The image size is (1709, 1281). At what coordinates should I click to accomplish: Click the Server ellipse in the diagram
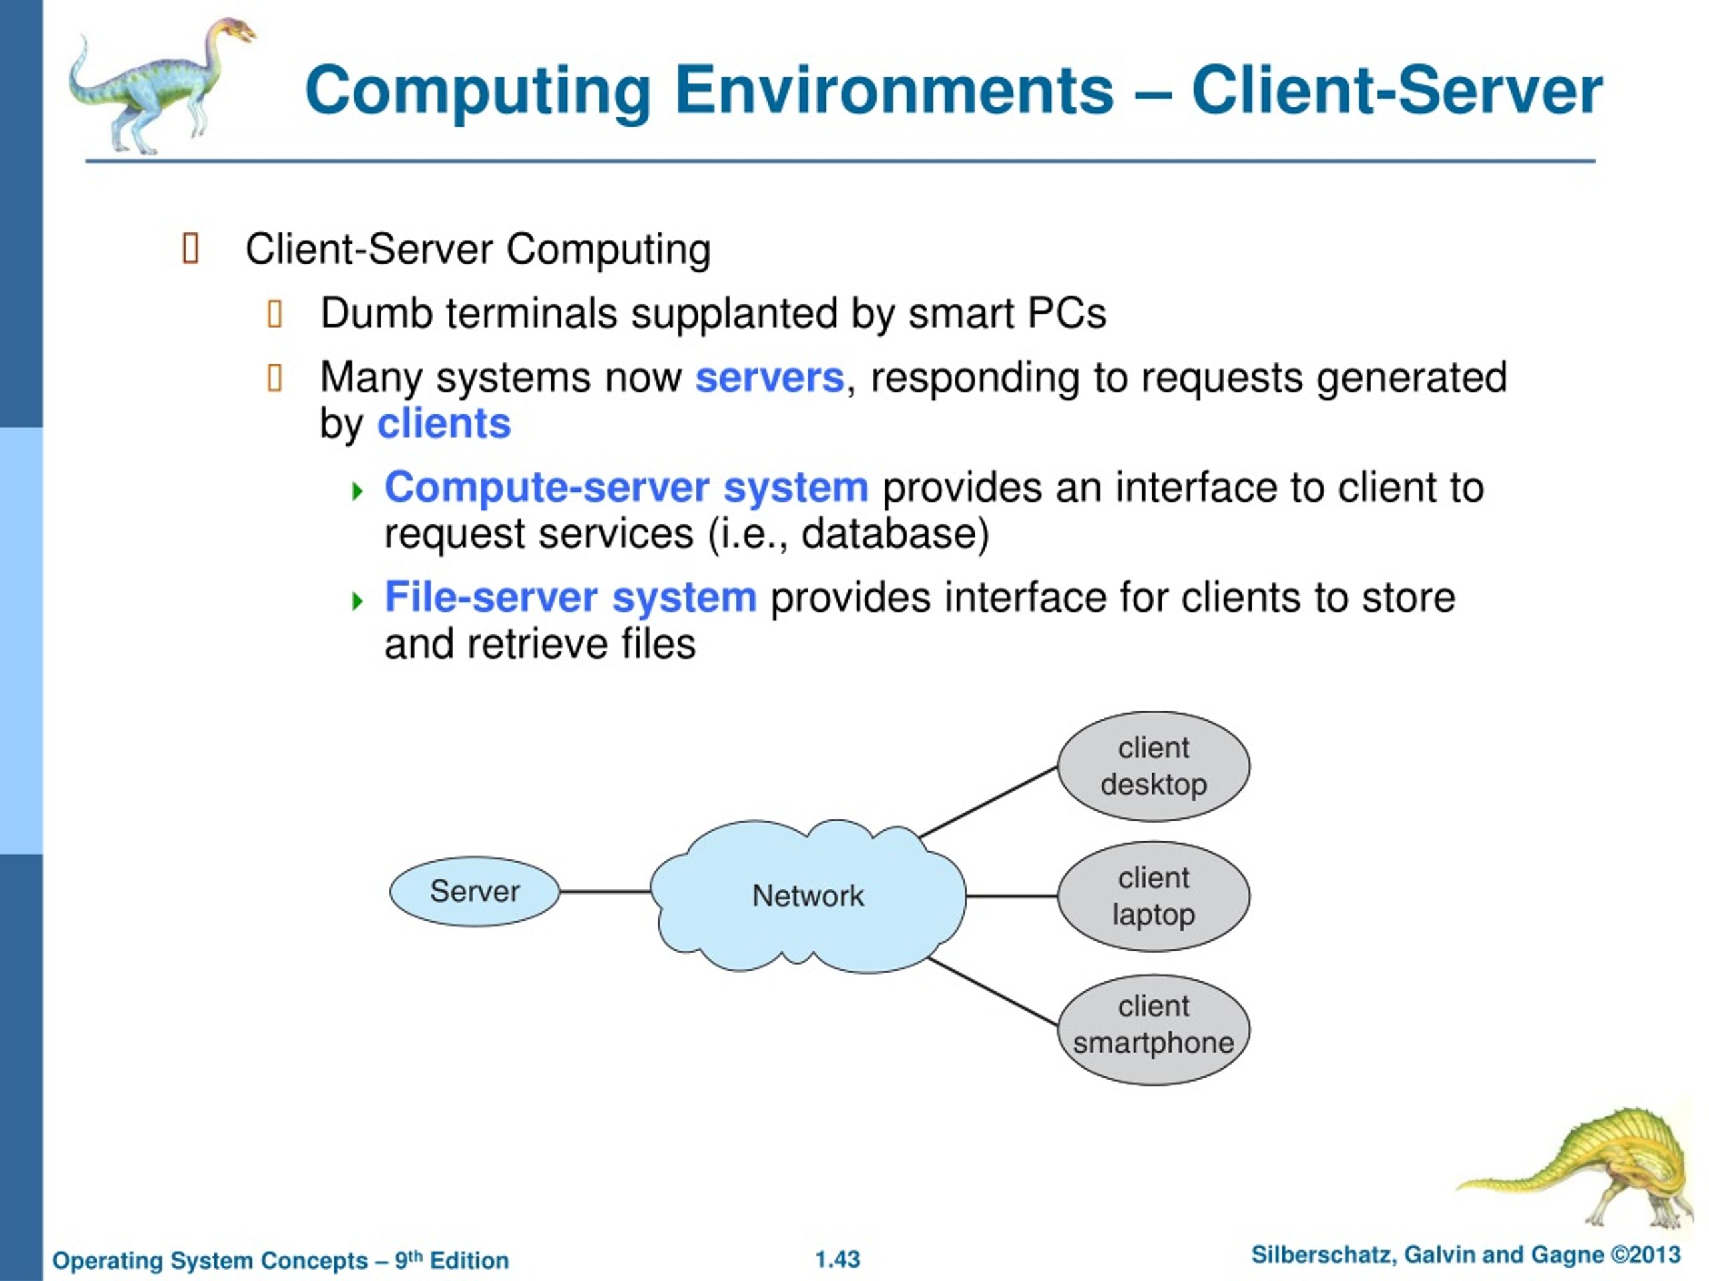pyautogui.click(x=475, y=891)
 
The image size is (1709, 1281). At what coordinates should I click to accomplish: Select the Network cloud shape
pyautogui.click(x=808, y=895)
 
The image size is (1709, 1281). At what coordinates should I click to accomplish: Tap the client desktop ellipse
pyautogui.click(x=1154, y=766)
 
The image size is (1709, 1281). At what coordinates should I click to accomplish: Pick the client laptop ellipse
pyautogui.click(x=1154, y=895)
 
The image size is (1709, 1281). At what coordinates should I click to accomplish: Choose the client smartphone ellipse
pyautogui.click(x=1154, y=1029)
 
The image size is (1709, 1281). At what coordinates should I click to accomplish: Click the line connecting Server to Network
pyautogui.click(x=605, y=891)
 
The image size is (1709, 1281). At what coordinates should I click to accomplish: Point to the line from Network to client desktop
pyautogui.click(x=988, y=801)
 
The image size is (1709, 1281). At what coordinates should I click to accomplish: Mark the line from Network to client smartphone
pyautogui.click(x=993, y=991)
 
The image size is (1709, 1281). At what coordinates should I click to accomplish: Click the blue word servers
pyautogui.click(x=770, y=378)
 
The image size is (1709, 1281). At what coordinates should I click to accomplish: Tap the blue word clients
pyautogui.click(x=443, y=424)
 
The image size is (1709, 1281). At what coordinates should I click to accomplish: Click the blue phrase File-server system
pyautogui.click(x=570, y=598)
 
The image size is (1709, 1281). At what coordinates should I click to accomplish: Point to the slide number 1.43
pyautogui.click(x=838, y=1260)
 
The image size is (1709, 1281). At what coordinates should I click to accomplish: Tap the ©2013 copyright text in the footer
pyautogui.click(x=1645, y=1255)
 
